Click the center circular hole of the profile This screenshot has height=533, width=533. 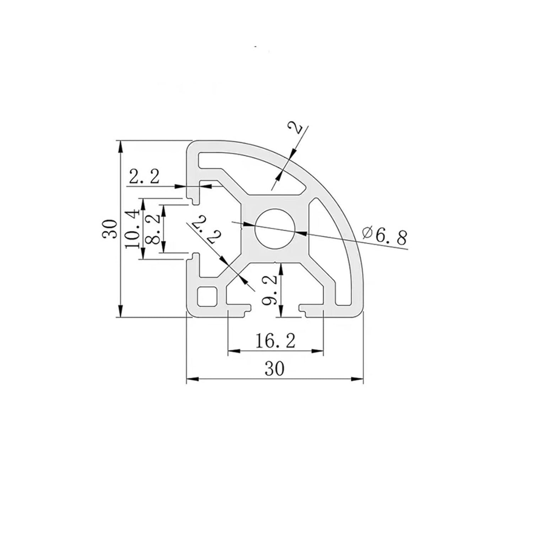(275, 228)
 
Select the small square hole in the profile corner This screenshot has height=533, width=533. (207, 296)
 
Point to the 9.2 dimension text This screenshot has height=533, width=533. (269, 290)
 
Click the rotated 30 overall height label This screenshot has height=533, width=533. (110, 228)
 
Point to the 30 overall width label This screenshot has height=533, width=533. (275, 369)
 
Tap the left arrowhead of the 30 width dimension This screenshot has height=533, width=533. (192, 379)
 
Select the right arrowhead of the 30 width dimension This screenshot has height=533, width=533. (357, 379)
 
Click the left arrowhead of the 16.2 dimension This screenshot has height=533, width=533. (233, 351)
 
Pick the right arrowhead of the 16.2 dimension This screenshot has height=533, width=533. (318, 351)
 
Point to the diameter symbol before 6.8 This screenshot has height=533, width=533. (367, 233)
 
